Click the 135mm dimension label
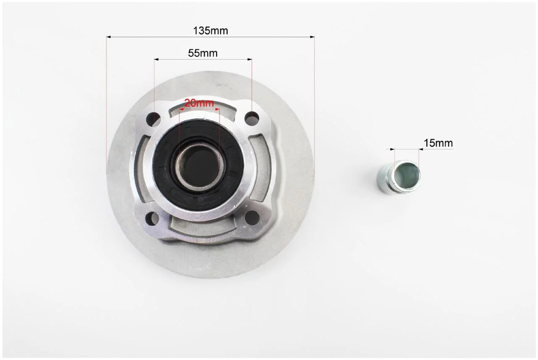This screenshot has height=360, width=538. pyautogui.click(x=211, y=31)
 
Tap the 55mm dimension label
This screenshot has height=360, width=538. pyautogui.click(x=203, y=53)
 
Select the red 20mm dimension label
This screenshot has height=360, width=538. pyautogui.click(x=199, y=103)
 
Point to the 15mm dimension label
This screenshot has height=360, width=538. pyautogui.click(x=438, y=143)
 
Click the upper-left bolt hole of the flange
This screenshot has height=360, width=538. pyautogui.click(x=153, y=118)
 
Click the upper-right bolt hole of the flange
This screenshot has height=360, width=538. pyautogui.click(x=252, y=118)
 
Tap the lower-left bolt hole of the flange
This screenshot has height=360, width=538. pyautogui.click(x=152, y=218)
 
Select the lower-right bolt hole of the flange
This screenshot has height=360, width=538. pyautogui.click(x=253, y=217)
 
